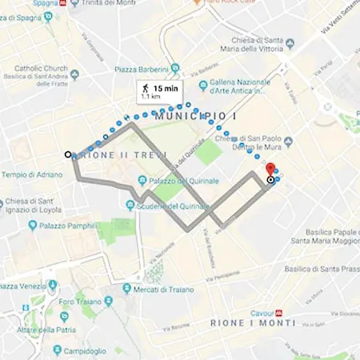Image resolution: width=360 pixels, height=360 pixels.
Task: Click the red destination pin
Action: pos(270,170)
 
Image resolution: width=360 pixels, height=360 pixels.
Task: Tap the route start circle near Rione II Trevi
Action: pos(68,154)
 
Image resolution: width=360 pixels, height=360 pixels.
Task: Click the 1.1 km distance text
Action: pos(150,96)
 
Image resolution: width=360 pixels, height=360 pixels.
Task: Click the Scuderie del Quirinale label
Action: pos(183,206)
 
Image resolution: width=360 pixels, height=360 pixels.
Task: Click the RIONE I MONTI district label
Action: pos(253,322)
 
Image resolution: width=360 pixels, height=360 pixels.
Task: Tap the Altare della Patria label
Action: pos(45,329)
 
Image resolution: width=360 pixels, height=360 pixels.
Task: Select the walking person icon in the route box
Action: pos(146,87)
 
